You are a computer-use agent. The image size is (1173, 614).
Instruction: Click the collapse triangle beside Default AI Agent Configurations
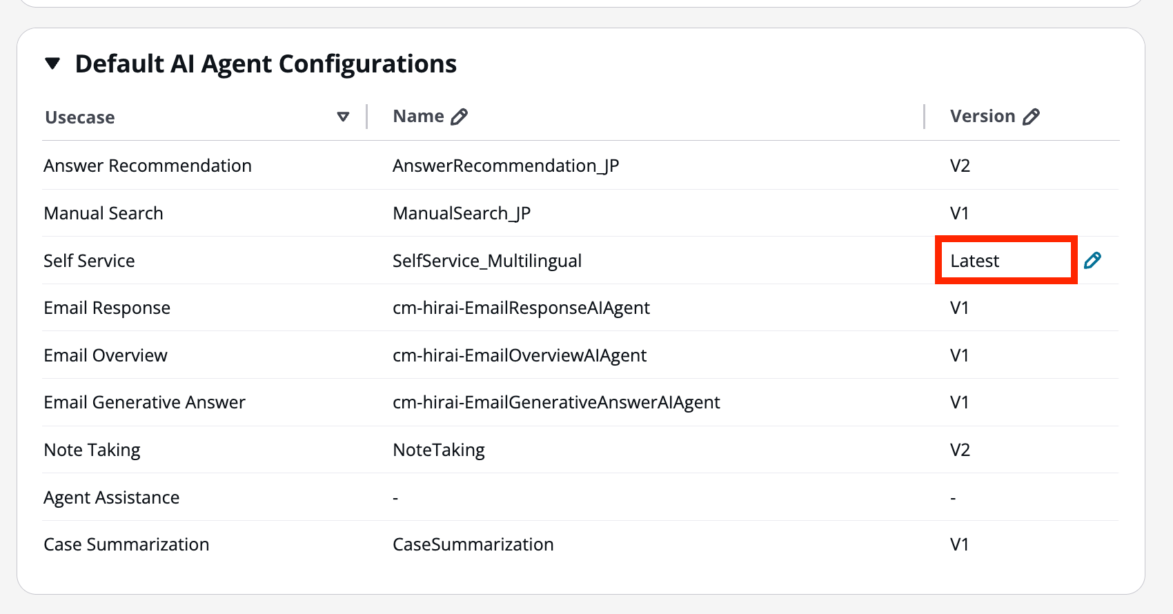(52, 64)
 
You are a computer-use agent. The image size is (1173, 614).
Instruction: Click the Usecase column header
(80, 117)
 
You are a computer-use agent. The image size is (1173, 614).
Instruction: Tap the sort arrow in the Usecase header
(343, 117)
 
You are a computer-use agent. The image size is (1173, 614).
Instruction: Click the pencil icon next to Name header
(460, 117)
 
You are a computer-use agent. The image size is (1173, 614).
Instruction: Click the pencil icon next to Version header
(1032, 117)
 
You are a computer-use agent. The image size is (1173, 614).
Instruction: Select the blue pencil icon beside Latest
(1092, 260)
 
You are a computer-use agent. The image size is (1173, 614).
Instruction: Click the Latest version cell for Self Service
(975, 261)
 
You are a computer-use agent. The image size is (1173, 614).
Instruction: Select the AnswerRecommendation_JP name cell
(506, 166)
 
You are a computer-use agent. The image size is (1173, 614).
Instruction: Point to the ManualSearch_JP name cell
(462, 213)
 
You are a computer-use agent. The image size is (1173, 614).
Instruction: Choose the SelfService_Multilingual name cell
(487, 261)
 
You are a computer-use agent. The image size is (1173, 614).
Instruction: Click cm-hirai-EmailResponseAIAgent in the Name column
(521, 308)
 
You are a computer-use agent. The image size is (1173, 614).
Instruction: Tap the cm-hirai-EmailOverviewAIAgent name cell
(520, 355)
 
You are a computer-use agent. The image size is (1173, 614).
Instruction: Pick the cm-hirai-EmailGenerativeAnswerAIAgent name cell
(556, 402)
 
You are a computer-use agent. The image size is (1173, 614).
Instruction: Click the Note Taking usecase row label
(92, 450)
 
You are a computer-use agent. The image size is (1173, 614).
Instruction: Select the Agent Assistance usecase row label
(112, 497)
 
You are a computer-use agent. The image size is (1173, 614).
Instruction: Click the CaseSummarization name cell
(473, 544)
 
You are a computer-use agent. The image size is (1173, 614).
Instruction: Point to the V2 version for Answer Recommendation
(960, 166)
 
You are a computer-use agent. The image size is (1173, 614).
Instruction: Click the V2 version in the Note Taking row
(960, 450)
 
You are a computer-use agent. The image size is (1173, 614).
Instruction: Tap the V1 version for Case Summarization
(960, 544)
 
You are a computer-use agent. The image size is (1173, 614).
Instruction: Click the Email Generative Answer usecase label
(145, 402)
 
